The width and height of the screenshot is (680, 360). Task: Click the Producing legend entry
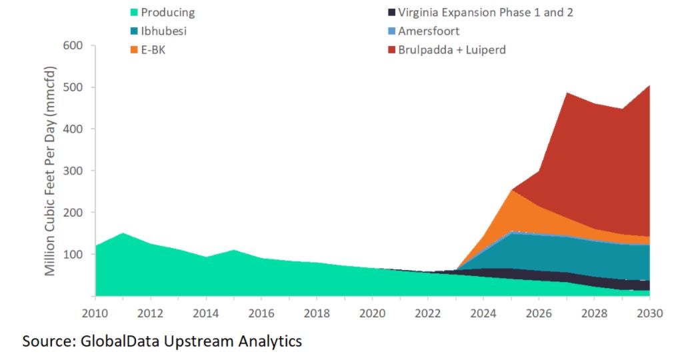click(x=167, y=12)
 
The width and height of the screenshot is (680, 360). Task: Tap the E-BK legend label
click(x=153, y=49)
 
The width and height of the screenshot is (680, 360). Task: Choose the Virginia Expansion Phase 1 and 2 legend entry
click(x=483, y=12)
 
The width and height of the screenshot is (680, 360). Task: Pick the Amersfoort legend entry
click(x=428, y=31)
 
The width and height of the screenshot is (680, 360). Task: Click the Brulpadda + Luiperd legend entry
click(x=451, y=49)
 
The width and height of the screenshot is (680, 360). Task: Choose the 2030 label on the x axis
click(x=649, y=313)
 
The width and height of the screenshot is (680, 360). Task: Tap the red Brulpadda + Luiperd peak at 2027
click(x=567, y=94)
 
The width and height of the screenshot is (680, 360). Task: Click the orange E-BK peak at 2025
click(x=511, y=191)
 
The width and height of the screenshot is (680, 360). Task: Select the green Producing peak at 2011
click(x=123, y=234)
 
